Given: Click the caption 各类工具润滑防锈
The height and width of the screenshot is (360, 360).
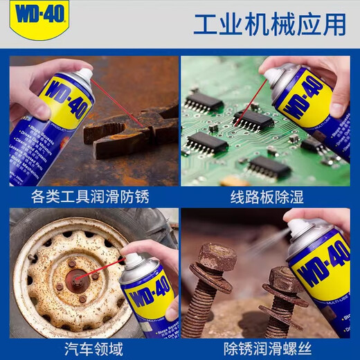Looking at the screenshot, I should click(89, 197).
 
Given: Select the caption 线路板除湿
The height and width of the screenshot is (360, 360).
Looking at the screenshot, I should click(267, 197).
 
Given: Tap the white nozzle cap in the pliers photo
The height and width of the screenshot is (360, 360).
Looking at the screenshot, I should click(84, 73).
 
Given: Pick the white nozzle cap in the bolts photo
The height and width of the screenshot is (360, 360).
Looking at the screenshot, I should click(299, 229).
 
